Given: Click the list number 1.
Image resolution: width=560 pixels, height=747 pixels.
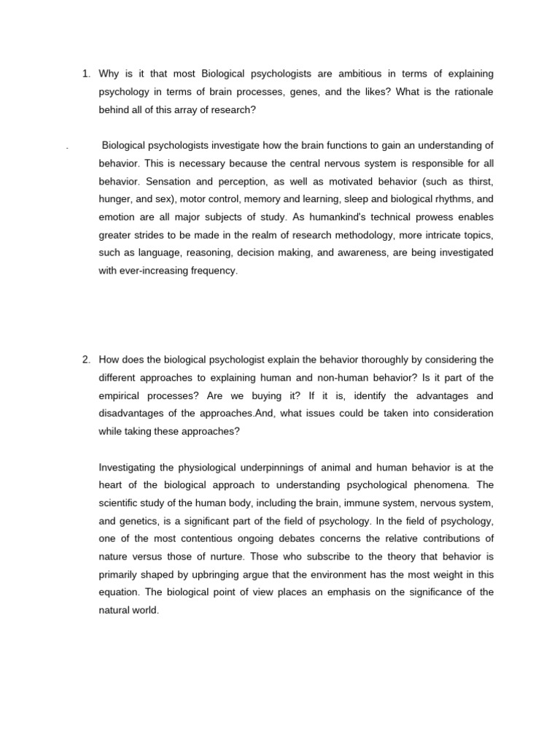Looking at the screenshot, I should click(x=85, y=74).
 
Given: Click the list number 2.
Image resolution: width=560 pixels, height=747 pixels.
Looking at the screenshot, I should click(x=85, y=360).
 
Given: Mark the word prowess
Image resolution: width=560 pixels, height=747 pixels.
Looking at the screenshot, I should click(x=427, y=217).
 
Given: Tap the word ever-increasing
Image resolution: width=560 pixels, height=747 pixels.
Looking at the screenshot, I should click(x=160, y=271).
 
